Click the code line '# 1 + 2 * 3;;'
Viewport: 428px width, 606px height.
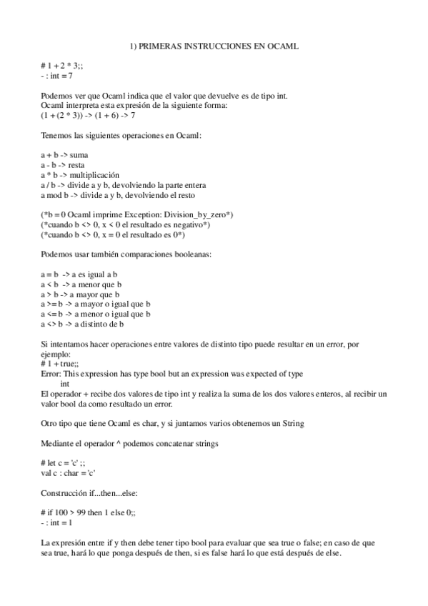coord(62,65)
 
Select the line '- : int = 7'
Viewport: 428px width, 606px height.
coord(57,75)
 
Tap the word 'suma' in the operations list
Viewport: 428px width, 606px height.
coord(79,154)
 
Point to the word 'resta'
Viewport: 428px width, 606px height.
coord(76,164)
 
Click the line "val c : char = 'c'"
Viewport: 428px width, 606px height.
coord(69,474)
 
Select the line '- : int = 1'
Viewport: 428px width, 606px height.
coord(57,524)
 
